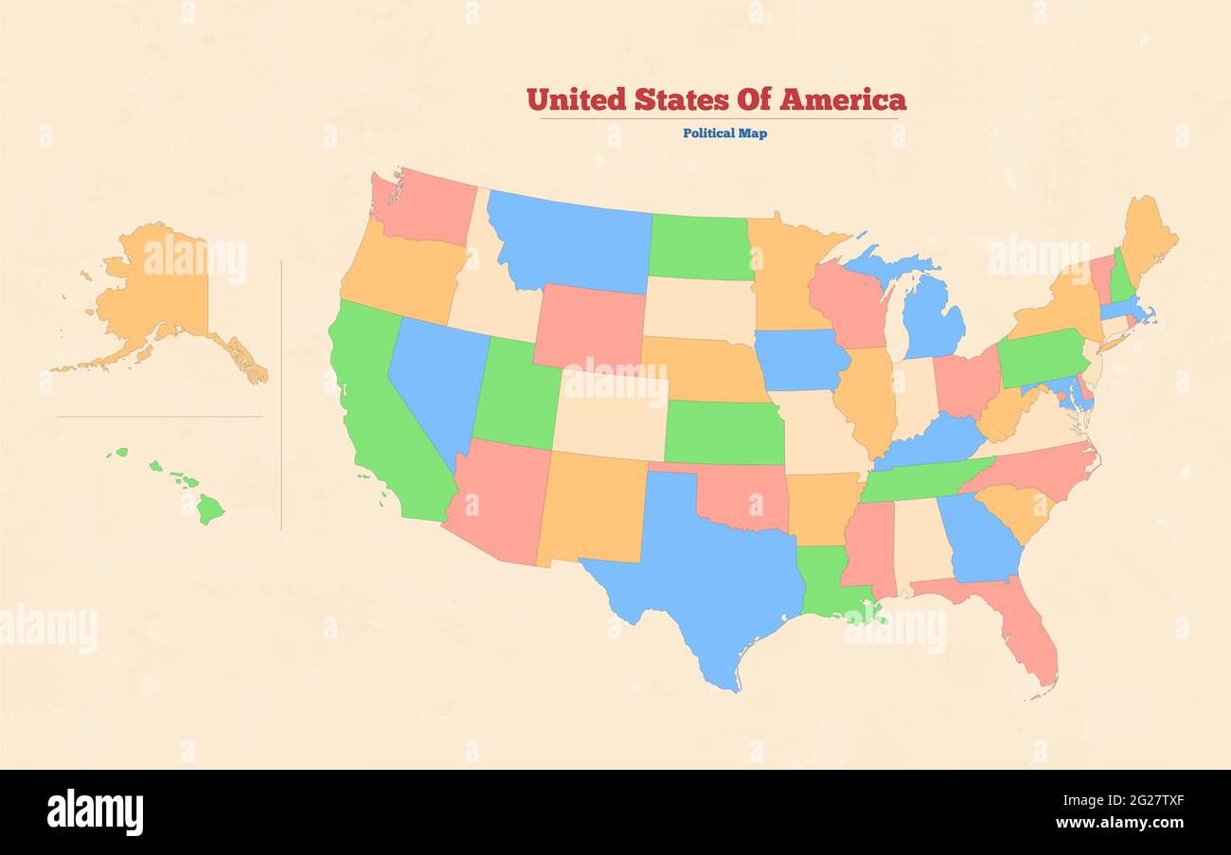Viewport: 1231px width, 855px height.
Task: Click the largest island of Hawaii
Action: (x=209, y=510)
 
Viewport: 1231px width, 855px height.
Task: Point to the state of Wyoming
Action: (x=589, y=327)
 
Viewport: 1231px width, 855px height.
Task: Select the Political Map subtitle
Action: (x=724, y=134)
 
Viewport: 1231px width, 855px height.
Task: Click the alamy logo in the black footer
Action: (x=95, y=812)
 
